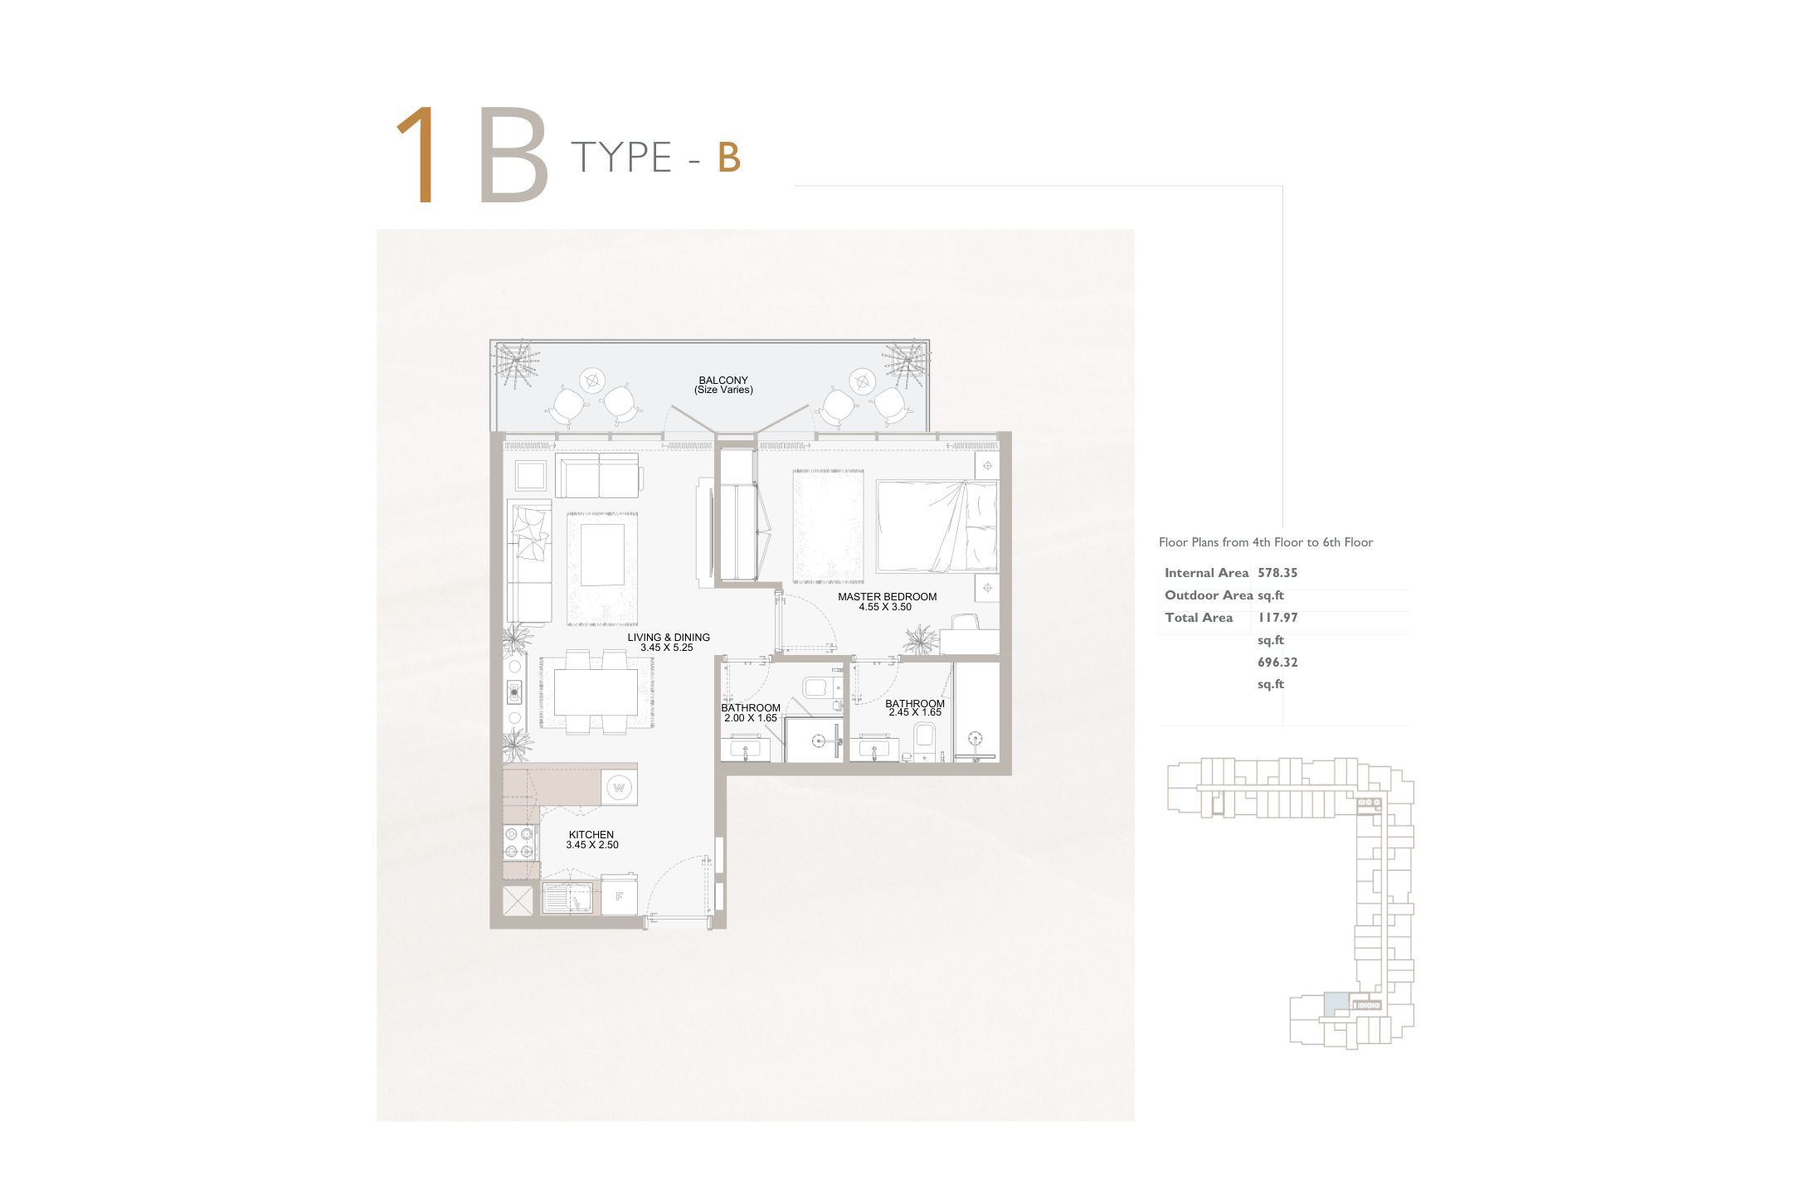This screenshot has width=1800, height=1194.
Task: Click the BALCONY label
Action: pyautogui.click(x=723, y=381)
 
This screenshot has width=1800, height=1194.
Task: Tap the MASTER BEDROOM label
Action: pyautogui.click(x=887, y=597)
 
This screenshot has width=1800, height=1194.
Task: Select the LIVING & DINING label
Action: pyautogui.click(x=669, y=638)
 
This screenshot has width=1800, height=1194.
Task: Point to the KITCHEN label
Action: pyautogui.click(x=591, y=835)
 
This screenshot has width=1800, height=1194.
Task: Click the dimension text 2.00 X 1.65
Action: pyautogui.click(x=751, y=718)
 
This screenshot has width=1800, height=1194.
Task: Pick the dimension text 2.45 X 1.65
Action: pyautogui.click(x=915, y=712)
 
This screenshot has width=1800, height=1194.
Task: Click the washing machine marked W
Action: pyautogui.click(x=619, y=788)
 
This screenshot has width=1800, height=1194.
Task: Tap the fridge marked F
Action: pyautogui.click(x=619, y=895)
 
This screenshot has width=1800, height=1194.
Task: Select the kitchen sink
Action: pyautogui.click(x=567, y=897)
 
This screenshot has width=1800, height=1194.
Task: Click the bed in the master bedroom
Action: pyautogui.click(x=937, y=526)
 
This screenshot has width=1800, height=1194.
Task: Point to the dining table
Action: pyautogui.click(x=596, y=692)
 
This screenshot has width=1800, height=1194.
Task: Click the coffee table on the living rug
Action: pyautogui.click(x=602, y=555)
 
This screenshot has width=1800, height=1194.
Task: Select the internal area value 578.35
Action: pyautogui.click(x=1277, y=573)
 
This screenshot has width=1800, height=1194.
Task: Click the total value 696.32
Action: pyautogui.click(x=1277, y=663)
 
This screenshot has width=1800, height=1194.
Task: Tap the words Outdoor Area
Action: pyautogui.click(x=1209, y=595)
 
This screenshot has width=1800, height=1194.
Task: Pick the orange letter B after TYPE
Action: pyautogui.click(x=729, y=158)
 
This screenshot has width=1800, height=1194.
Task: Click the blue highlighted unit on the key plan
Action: pyautogui.click(x=1335, y=1004)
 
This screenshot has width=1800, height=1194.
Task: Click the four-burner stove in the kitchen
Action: pyautogui.click(x=520, y=842)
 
